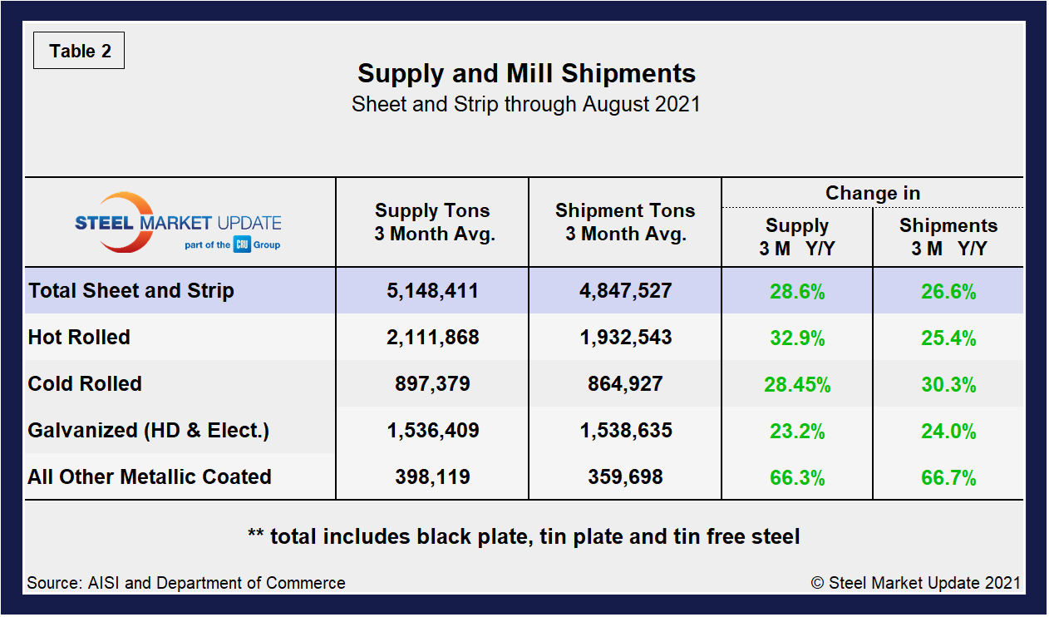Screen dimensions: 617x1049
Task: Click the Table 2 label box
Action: coord(79,52)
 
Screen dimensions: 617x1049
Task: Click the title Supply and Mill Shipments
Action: coord(526,73)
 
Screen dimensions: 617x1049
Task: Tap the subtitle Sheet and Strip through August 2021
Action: coord(525,105)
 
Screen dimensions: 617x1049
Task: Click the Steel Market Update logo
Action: coord(178,223)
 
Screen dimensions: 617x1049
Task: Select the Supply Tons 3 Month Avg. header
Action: coord(432,222)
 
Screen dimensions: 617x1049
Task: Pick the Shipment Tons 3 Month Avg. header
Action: coord(625,222)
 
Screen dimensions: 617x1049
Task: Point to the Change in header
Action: coord(872,193)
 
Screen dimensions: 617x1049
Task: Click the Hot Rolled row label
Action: coord(79,338)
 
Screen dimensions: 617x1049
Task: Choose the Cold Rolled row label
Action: coord(85,384)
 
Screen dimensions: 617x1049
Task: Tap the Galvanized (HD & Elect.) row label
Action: coord(148,431)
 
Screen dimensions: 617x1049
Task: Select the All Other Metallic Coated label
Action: coord(150,477)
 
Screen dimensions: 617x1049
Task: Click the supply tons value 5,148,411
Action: coord(432,291)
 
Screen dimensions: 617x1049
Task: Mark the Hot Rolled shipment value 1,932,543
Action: coord(625,338)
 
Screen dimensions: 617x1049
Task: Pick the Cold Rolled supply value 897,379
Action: coord(432,384)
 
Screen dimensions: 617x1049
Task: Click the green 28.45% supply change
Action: coord(797,385)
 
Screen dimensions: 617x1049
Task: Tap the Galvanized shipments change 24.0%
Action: coord(948,432)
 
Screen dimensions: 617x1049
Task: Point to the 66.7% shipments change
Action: coord(948,478)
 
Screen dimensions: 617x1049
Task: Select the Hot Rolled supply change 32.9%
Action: coord(797,338)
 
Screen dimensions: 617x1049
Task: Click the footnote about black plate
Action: coord(524,536)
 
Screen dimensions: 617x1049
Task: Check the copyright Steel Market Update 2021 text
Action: coord(915,583)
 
